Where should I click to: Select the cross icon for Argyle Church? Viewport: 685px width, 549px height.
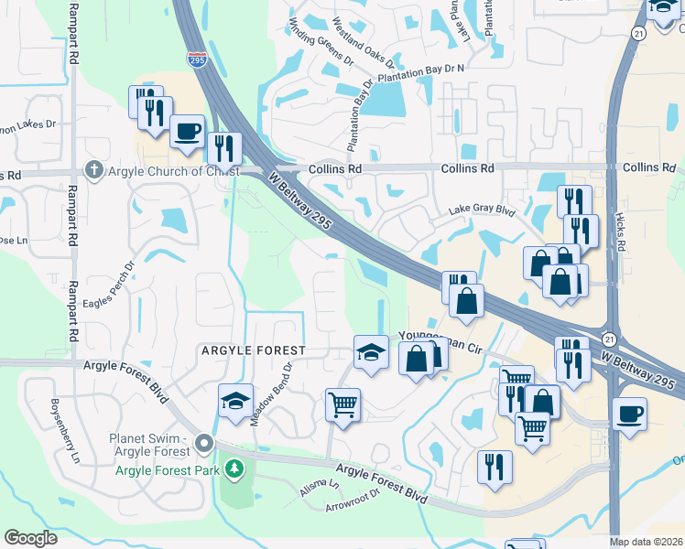92,170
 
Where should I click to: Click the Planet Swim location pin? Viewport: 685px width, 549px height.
202,444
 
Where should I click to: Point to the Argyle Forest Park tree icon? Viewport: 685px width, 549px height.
235,469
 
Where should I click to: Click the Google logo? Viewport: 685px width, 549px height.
31,538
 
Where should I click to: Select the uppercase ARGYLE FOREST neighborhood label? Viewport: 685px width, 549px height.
252,350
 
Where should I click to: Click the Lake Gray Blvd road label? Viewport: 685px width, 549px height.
483,210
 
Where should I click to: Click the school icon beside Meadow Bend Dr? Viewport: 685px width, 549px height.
234,401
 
